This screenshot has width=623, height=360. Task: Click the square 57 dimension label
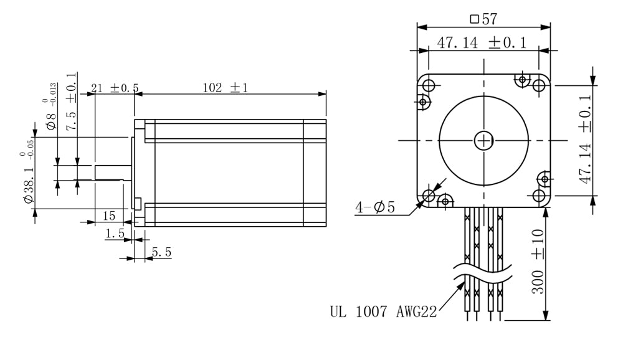(483, 19)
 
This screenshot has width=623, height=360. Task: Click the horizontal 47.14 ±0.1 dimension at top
(481, 43)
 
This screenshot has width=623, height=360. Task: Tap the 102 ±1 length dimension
(226, 88)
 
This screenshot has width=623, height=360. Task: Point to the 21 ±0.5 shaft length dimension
(115, 88)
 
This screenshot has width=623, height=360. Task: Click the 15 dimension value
(108, 216)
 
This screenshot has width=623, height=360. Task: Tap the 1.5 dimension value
(115, 234)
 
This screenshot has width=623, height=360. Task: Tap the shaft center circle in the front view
(483, 141)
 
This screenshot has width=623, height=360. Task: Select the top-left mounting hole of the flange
(428, 85)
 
